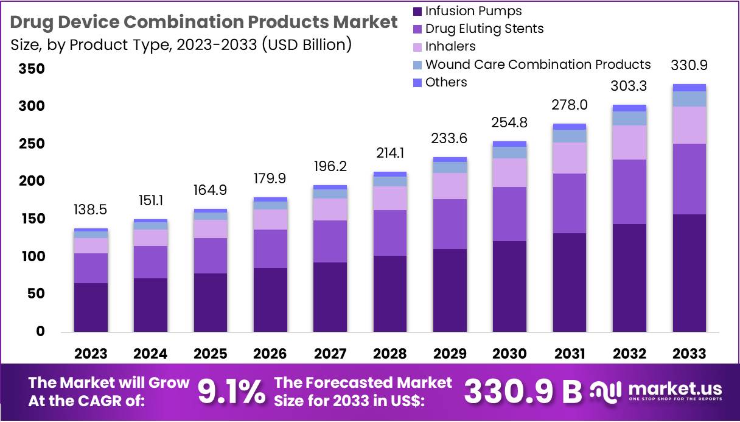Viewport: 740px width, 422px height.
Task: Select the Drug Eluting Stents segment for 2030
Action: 509,214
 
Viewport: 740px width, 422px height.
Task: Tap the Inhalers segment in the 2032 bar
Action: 629,142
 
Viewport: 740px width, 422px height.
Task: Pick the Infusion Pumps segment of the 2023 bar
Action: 91,307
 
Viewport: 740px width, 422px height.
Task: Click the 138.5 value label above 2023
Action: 91,209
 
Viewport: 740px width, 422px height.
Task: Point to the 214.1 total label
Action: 389,153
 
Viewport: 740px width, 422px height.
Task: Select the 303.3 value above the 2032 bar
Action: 629,86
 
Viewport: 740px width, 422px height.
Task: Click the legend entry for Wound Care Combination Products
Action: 537,65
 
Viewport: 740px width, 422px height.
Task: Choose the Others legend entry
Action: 445,82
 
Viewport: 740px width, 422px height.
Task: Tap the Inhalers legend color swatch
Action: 417,47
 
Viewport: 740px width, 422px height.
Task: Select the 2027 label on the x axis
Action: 330,354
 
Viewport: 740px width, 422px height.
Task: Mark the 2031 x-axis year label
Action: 570,354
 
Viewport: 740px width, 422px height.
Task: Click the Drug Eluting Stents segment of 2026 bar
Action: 270,248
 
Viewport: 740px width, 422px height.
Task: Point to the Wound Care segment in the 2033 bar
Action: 689,99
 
